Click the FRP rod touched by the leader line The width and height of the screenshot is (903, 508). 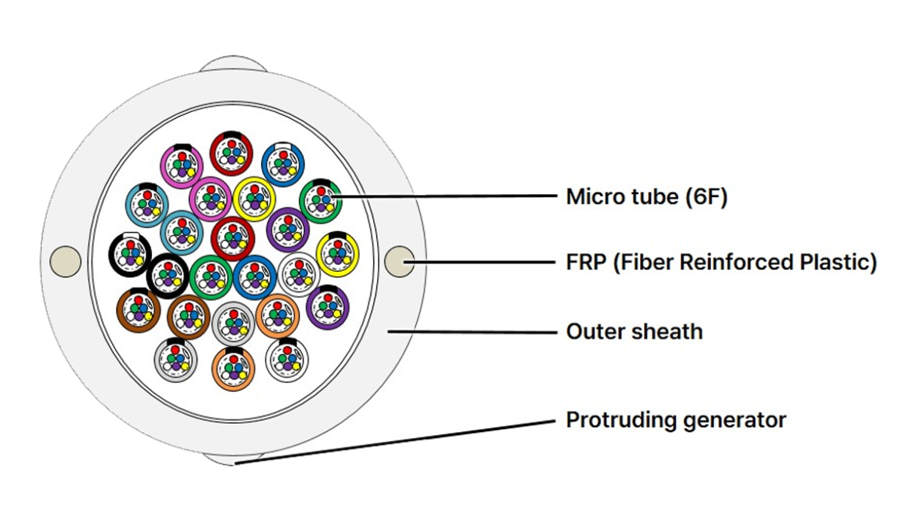click(x=399, y=261)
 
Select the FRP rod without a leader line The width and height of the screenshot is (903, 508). click(x=65, y=261)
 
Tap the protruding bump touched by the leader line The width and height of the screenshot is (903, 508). click(x=234, y=459)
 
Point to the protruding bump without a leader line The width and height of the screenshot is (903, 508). click(x=233, y=65)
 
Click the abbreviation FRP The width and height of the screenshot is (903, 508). click(x=586, y=262)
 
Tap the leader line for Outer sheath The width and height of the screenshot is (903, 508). click(x=472, y=332)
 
